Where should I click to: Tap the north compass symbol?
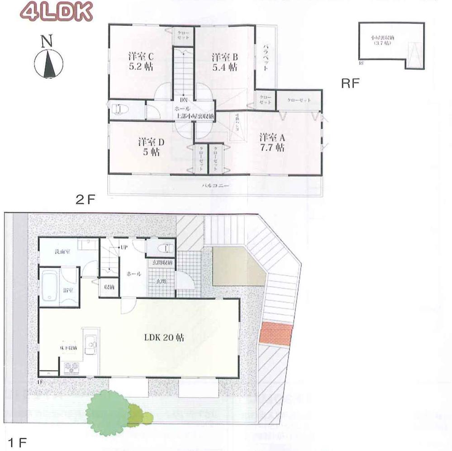pyautogui.click(x=48, y=61)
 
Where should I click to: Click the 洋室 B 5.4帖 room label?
pyautogui.click(x=224, y=62)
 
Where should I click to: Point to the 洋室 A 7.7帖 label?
pyautogui.click(x=271, y=141)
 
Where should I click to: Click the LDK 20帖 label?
pyautogui.click(x=164, y=337)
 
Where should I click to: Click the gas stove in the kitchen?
pyautogui.click(x=71, y=368)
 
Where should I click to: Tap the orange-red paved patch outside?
pyautogui.click(x=276, y=334)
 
